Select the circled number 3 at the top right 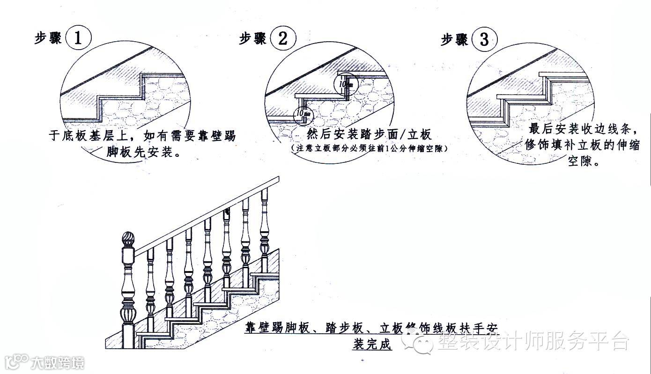484,40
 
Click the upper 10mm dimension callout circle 346,84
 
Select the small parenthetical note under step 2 369,148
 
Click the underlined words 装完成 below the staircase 371,345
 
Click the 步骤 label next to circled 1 48,38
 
